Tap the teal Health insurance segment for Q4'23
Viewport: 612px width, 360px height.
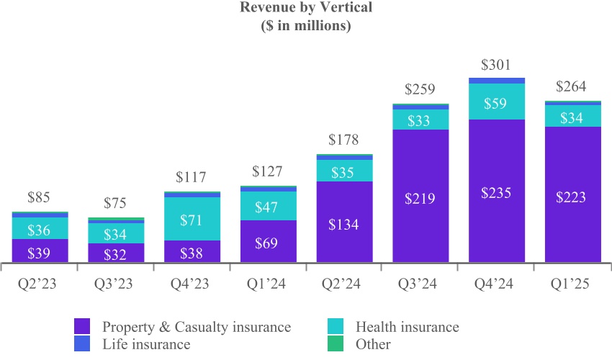pyautogui.click(x=192, y=218)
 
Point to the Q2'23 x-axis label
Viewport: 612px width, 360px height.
pyautogui.click(x=40, y=284)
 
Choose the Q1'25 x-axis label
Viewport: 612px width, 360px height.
pyautogui.click(x=572, y=284)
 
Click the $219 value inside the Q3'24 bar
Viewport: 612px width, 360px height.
pyautogui.click(x=420, y=197)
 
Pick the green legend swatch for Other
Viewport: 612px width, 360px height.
pyautogui.click(x=336, y=344)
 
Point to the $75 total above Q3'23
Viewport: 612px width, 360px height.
pyautogui.click(x=116, y=203)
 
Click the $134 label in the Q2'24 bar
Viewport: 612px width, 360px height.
pyautogui.click(x=344, y=223)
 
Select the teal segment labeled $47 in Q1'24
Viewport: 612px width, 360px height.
pyautogui.click(x=268, y=206)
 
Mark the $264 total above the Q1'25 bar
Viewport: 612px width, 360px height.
pyautogui.click(x=572, y=87)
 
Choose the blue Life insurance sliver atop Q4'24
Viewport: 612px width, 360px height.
pyautogui.click(x=497, y=81)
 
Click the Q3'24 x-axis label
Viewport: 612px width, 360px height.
pyautogui.click(x=420, y=284)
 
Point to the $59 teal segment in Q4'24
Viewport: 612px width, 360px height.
pyautogui.click(x=497, y=102)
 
